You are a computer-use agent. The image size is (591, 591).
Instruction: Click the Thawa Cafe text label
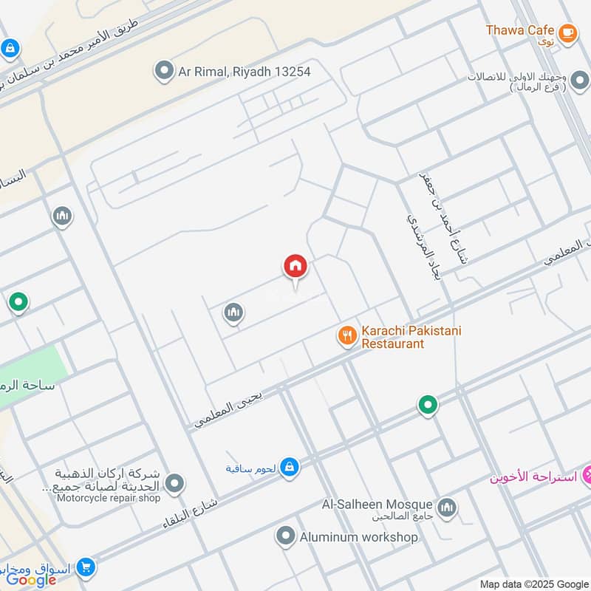pos(520,30)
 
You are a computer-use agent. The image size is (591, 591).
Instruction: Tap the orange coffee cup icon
pos(567,32)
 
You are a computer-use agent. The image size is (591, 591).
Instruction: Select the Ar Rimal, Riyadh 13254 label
pos(244,72)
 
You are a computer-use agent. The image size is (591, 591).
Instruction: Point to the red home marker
pos(295,267)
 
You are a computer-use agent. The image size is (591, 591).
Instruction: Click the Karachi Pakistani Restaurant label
pos(411,337)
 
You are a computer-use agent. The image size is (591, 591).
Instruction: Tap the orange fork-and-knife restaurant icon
pos(346,337)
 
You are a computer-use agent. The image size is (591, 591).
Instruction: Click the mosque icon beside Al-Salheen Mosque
pos(446,508)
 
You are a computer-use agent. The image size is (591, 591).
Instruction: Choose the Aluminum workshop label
pos(358,537)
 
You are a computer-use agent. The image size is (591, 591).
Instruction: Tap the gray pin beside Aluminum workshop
pos(286,537)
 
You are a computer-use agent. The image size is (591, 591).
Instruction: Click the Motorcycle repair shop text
pos(109,498)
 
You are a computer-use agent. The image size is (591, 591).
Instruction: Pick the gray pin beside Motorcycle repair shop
pos(174,485)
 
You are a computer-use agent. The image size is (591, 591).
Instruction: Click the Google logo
pos(32,580)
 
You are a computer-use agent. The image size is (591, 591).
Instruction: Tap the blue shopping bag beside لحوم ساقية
pos(290,467)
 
